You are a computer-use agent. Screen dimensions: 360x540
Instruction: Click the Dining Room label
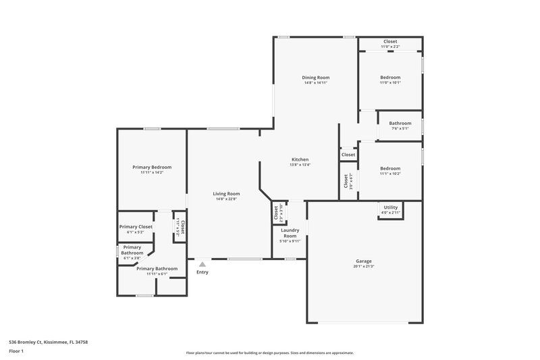[x=315, y=78]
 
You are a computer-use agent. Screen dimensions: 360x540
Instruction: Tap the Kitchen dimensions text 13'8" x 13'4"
[x=299, y=165]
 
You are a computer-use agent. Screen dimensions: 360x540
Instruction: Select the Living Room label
[x=227, y=193]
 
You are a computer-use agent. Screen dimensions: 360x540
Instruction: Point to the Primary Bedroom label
[x=152, y=167]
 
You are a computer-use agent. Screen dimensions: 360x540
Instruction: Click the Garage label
[x=364, y=261]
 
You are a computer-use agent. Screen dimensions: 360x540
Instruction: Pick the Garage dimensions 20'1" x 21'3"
[x=364, y=266]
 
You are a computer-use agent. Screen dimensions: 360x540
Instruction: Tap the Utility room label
[x=391, y=207]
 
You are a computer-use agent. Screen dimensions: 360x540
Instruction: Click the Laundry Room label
[x=290, y=232]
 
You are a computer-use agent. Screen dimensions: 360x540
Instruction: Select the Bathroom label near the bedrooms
[x=400, y=123]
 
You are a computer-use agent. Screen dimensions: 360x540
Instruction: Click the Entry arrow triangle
[x=202, y=264]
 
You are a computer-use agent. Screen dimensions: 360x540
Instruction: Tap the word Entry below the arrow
[x=202, y=272]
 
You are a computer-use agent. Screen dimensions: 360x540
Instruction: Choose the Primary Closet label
[x=136, y=226]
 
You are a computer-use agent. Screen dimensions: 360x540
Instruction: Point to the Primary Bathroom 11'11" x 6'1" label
[x=157, y=268]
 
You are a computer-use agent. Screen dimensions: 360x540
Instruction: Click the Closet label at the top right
[x=390, y=41]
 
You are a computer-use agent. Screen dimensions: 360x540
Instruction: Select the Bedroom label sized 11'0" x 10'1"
[x=390, y=77]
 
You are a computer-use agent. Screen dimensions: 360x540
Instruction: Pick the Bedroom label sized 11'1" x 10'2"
[x=390, y=168]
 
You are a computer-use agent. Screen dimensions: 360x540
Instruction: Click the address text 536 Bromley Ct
[x=48, y=342]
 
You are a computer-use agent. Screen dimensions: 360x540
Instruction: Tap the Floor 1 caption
[x=16, y=352]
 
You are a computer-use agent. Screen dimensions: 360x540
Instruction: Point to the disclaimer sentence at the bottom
[x=269, y=353]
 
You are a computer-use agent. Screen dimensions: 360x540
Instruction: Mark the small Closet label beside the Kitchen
[x=348, y=155]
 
